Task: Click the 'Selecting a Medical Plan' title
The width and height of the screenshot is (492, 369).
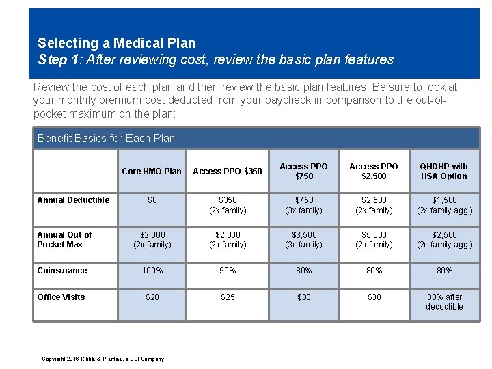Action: pyautogui.click(x=117, y=43)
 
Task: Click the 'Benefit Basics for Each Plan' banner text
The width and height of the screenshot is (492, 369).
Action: pyautogui.click(x=107, y=138)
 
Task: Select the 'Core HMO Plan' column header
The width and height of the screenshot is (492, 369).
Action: pyautogui.click(x=152, y=172)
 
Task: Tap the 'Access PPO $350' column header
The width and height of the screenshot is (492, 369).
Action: pyautogui.click(x=228, y=172)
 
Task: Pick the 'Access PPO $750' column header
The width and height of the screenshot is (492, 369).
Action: pyautogui.click(x=304, y=171)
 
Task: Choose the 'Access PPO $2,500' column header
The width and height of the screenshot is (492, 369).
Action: pyautogui.click(x=374, y=171)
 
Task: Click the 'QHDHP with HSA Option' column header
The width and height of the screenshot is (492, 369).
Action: pyautogui.click(x=444, y=171)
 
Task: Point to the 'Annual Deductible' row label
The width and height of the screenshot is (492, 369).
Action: pyautogui.click(x=73, y=200)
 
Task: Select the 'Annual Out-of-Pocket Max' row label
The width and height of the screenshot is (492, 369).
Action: pyautogui.click(x=66, y=239)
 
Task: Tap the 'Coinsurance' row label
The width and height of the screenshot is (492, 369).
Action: pyautogui.click(x=62, y=271)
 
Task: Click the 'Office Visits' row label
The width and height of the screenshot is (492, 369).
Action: pyautogui.click(x=61, y=297)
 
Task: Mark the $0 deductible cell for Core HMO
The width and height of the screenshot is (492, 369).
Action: pyautogui.click(x=152, y=200)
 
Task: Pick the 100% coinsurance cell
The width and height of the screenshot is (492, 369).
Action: pyautogui.click(x=152, y=271)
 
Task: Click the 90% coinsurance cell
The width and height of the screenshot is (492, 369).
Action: pyautogui.click(x=228, y=271)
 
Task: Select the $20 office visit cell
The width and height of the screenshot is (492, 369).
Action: pyautogui.click(x=152, y=297)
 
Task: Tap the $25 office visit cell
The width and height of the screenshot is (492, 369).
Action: pyautogui.click(x=228, y=297)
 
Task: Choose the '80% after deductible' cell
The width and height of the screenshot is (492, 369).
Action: pyautogui.click(x=444, y=301)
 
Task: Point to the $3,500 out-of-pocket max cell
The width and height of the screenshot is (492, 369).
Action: pyautogui.click(x=304, y=239)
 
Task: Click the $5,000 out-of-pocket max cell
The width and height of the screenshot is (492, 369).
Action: pyautogui.click(x=374, y=239)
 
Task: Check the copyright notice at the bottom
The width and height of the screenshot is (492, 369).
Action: pyautogui.click(x=102, y=359)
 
